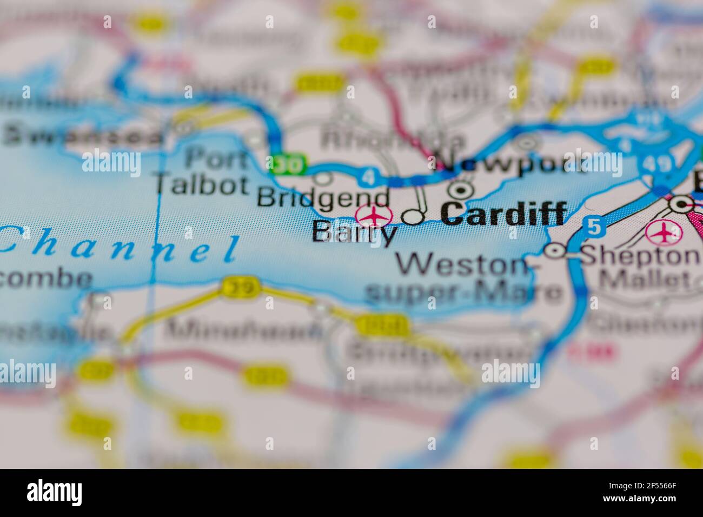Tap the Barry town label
coord(354,234)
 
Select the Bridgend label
coord(323,198)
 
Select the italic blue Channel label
coord(119,247)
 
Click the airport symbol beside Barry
coord(374,215)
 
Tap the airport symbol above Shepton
coord(663,233)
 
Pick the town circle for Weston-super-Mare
coord(555,251)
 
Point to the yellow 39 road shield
coord(241,287)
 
